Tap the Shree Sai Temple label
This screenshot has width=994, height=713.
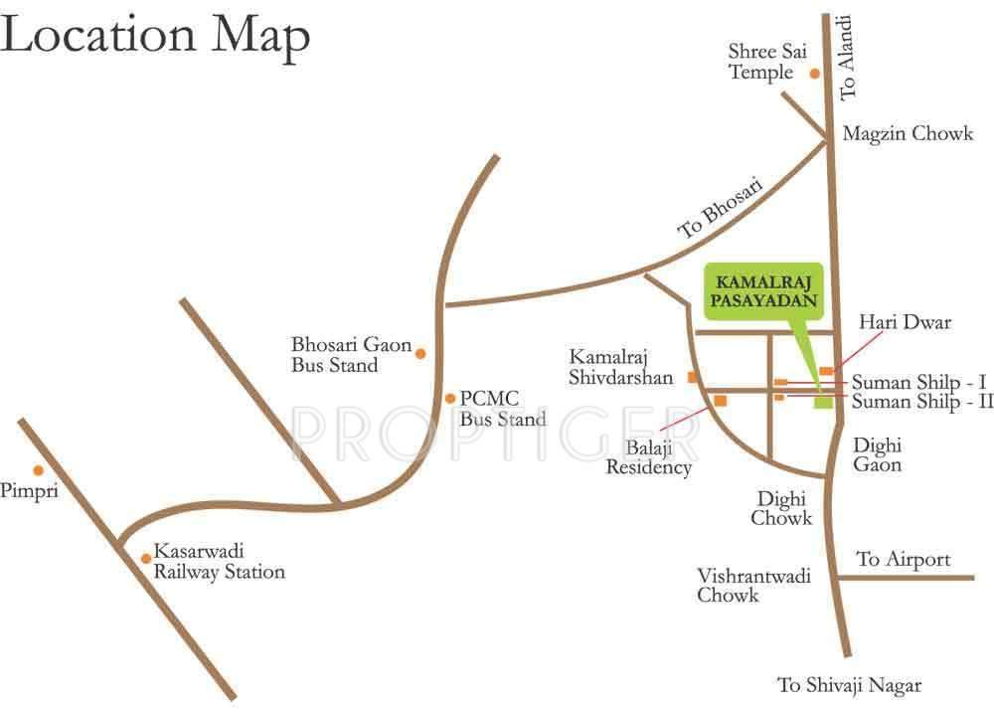(761, 62)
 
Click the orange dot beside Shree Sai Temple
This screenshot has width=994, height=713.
(814, 73)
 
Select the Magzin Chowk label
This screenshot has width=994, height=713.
(908, 133)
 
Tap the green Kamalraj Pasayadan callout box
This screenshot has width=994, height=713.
(764, 291)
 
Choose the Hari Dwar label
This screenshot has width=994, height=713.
(905, 322)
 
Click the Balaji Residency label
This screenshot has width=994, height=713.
(648, 457)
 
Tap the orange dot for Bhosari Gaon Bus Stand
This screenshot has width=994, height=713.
(420, 352)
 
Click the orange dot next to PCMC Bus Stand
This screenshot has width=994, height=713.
(450, 397)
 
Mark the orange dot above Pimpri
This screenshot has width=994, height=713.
(38, 470)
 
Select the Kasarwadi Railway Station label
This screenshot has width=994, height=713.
(219, 562)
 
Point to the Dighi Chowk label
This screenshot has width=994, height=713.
(781, 508)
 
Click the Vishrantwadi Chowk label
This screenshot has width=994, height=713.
(740, 586)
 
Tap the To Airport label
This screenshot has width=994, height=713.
(904, 560)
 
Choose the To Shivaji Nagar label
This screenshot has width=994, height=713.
(850, 685)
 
